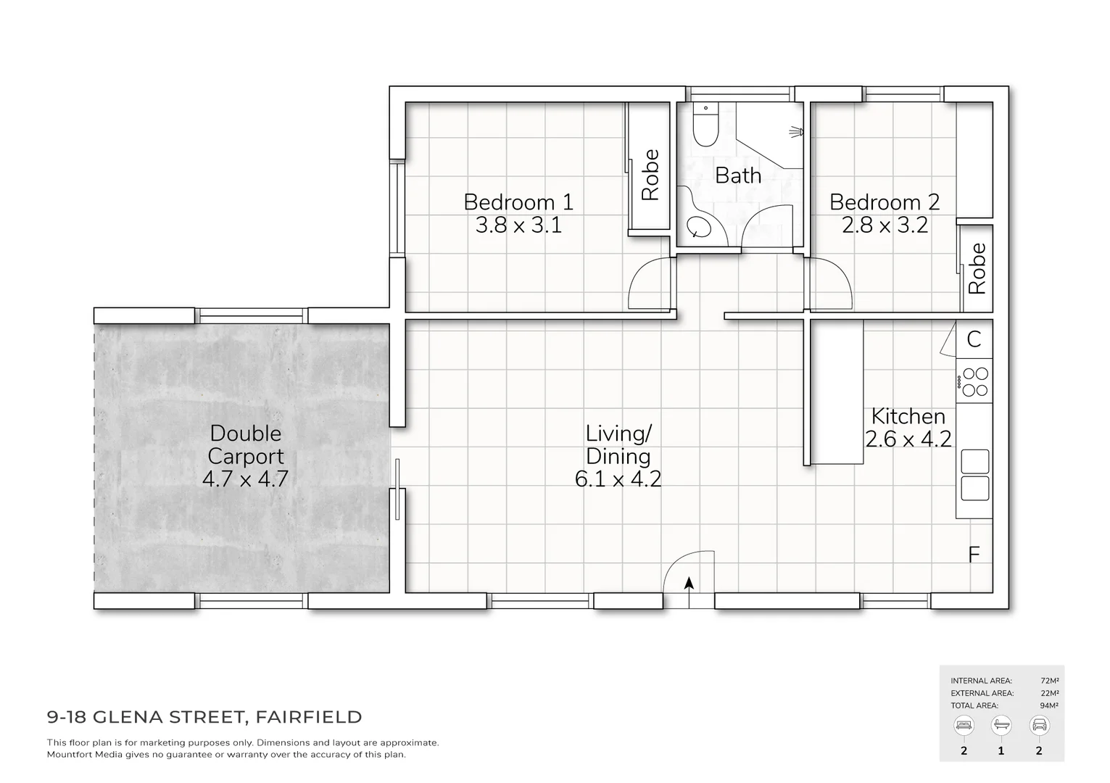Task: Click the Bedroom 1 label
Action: tap(518, 202)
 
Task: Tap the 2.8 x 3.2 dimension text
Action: tap(885, 225)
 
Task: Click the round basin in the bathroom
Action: tap(700, 227)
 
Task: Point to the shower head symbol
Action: tap(796, 131)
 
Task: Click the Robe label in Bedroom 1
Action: tap(650, 175)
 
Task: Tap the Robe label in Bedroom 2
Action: tap(977, 268)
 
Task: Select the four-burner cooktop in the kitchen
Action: tap(974, 381)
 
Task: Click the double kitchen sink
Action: tap(974, 475)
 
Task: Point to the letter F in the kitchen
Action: tap(974, 555)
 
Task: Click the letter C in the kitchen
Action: tap(974, 339)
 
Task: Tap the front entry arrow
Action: tap(688, 584)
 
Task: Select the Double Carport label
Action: tap(246, 444)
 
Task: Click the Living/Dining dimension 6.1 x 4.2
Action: tap(618, 479)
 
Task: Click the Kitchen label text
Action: tap(908, 417)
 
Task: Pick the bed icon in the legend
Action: tap(964, 725)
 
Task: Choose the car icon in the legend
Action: tap(1039, 725)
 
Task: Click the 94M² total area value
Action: tap(1049, 705)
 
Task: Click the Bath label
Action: tap(738, 175)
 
